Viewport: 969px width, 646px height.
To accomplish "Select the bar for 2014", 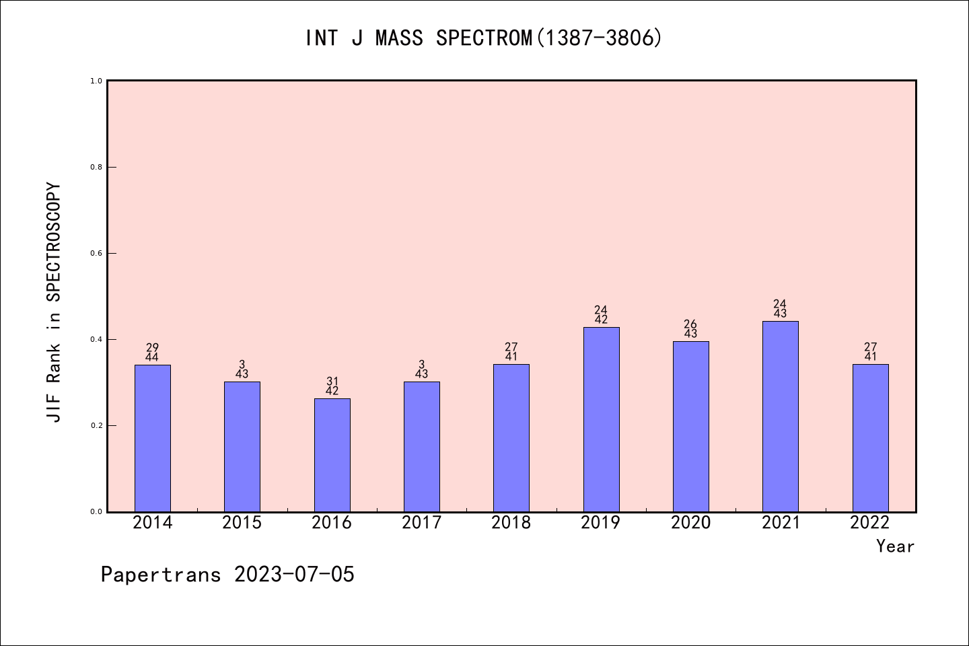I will click(x=153, y=438).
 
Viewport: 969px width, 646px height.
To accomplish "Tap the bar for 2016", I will click(x=332, y=455).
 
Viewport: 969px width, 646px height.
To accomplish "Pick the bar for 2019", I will click(x=601, y=419).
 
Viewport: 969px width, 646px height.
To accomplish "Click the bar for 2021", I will click(x=780, y=417).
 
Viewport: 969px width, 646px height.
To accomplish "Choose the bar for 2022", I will click(x=870, y=438).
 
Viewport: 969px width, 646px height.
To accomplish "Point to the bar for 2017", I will click(x=422, y=447).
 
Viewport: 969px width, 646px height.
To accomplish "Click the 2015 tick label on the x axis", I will click(x=242, y=523).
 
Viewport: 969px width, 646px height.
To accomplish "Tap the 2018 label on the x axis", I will click(x=511, y=523).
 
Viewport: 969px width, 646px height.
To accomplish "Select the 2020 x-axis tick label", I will click(x=690, y=523).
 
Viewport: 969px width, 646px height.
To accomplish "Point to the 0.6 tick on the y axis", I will click(x=96, y=253).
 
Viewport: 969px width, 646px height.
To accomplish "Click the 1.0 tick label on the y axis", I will click(x=96, y=81).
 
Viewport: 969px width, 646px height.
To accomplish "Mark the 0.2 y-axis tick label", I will click(x=96, y=425).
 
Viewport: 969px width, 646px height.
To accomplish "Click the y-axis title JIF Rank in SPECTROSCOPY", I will click(x=54, y=302).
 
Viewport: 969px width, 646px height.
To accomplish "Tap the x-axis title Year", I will click(x=895, y=546).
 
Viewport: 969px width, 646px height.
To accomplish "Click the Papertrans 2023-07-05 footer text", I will click(x=227, y=575).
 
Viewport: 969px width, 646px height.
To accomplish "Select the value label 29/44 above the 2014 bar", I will click(x=152, y=353).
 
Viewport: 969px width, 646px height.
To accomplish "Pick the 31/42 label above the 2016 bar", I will click(x=332, y=386).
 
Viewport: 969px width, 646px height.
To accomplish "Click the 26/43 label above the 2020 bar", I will click(x=690, y=329).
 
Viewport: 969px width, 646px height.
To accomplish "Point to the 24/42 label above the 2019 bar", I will click(x=601, y=315).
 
